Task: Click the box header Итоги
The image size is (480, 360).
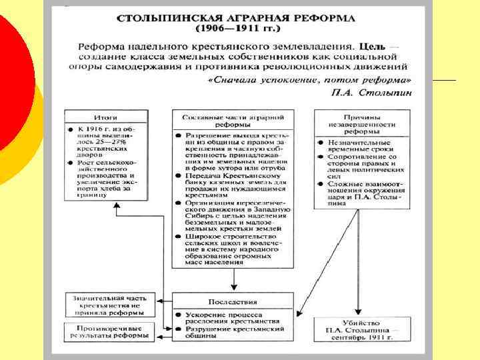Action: tap(105, 116)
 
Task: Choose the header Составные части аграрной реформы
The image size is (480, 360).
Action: tap(234, 120)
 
